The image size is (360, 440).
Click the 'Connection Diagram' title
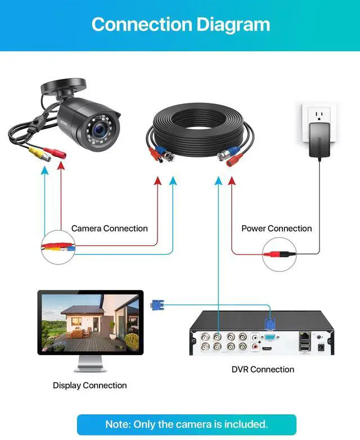coord(180,25)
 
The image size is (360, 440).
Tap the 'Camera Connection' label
coord(109,229)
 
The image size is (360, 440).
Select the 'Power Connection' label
coord(276,229)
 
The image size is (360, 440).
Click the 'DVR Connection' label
coord(263,369)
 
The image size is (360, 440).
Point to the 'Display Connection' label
coord(89,385)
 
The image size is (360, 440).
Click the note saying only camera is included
coord(186,424)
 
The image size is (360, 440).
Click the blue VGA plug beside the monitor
coord(156,306)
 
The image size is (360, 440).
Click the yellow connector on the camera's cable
coord(39,153)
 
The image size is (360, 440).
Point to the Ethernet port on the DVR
coord(304,335)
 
